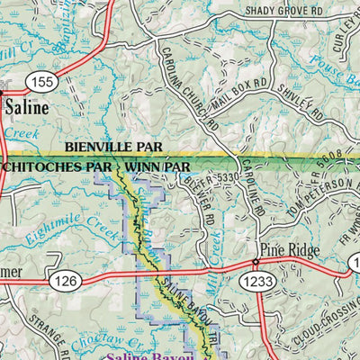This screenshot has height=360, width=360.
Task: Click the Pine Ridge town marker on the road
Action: [x=255, y=263]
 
